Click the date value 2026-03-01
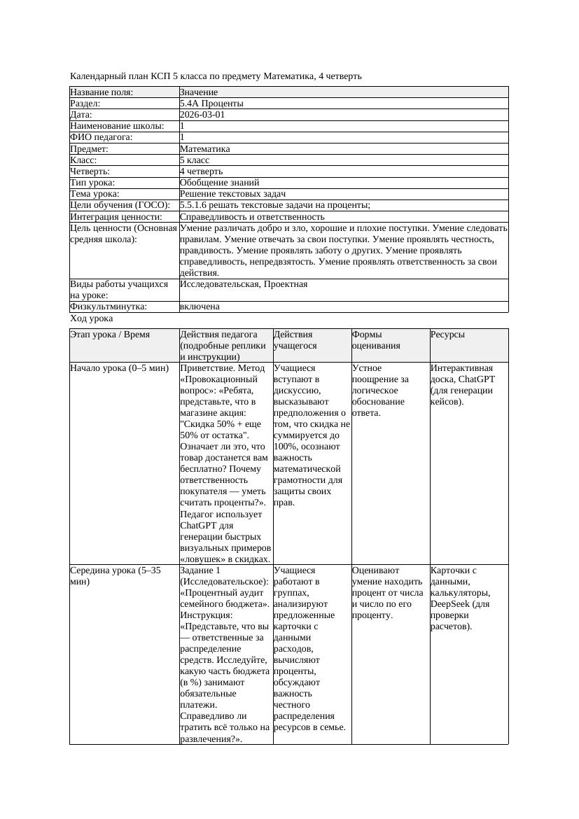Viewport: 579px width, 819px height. click(x=202, y=115)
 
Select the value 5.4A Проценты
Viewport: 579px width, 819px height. click(x=211, y=104)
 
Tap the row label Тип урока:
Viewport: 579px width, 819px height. click(x=93, y=183)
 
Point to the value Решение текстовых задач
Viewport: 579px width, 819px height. click(x=232, y=194)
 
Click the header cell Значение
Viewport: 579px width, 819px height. click(x=199, y=92)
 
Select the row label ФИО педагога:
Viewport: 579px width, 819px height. click(x=102, y=138)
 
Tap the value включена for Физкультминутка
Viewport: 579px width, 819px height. click(x=200, y=307)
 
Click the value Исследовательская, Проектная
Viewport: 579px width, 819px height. click(x=244, y=284)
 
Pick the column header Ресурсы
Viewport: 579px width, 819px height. click(x=447, y=335)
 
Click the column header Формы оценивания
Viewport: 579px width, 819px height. click(x=375, y=340)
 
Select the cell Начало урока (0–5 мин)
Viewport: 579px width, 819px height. click(x=120, y=368)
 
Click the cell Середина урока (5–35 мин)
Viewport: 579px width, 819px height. click(x=115, y=576)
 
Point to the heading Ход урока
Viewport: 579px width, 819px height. click(x=91, y=318)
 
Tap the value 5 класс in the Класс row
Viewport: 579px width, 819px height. click(x=195, y=160)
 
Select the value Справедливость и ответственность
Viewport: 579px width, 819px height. click(x=252, y=217)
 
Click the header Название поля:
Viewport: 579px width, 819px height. click(x=102, y=92)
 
